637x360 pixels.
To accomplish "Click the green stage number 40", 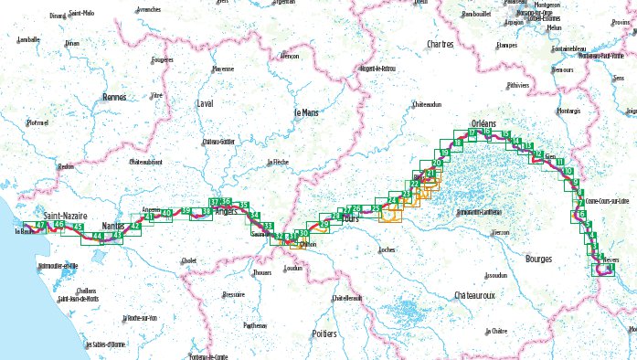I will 166,212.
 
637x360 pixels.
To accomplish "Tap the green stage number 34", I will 255,216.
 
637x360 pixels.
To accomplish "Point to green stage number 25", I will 376,209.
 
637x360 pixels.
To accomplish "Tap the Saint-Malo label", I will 81,14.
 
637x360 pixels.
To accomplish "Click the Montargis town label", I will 568,111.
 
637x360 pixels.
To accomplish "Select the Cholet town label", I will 189,260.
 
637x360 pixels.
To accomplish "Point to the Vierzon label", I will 499,232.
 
